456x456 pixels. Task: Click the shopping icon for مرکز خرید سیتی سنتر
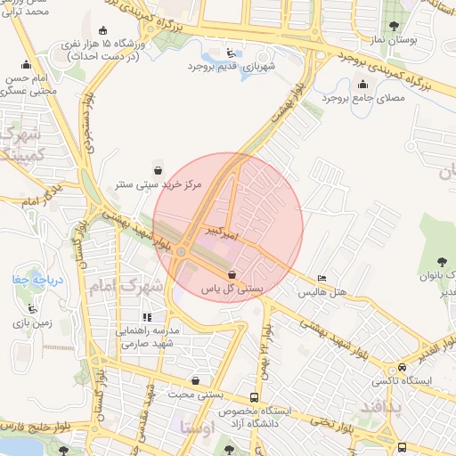coord(158,169)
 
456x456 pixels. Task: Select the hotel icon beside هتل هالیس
coord(322,279)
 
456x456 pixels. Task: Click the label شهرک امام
coord(128,288)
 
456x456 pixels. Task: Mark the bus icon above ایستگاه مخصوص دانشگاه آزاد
coord(256,398)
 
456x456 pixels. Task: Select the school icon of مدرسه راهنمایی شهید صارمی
coord(147,316)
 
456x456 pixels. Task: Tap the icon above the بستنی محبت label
coord(195,381)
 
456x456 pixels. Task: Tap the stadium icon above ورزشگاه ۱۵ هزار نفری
coord(105,29)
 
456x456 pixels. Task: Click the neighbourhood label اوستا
coord(197,427)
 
